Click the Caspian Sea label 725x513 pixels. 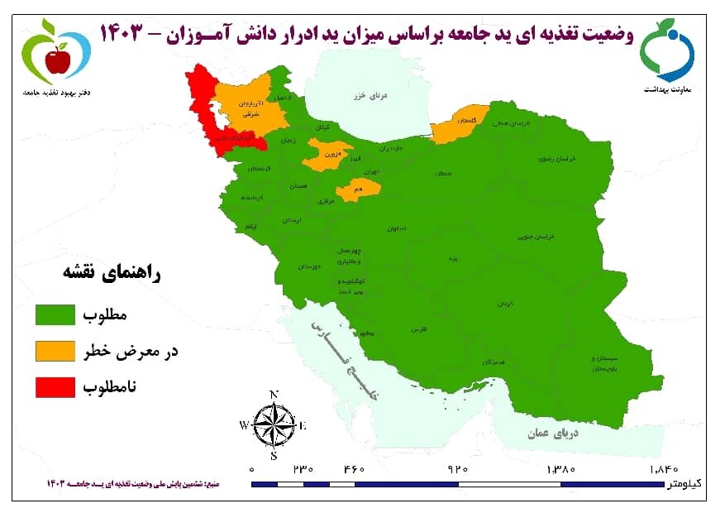372,96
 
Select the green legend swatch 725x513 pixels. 56,315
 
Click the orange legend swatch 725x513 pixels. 56,351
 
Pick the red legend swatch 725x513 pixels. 56,386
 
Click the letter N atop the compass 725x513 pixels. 274,394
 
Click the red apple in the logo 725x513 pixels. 57,60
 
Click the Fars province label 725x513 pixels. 417,329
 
